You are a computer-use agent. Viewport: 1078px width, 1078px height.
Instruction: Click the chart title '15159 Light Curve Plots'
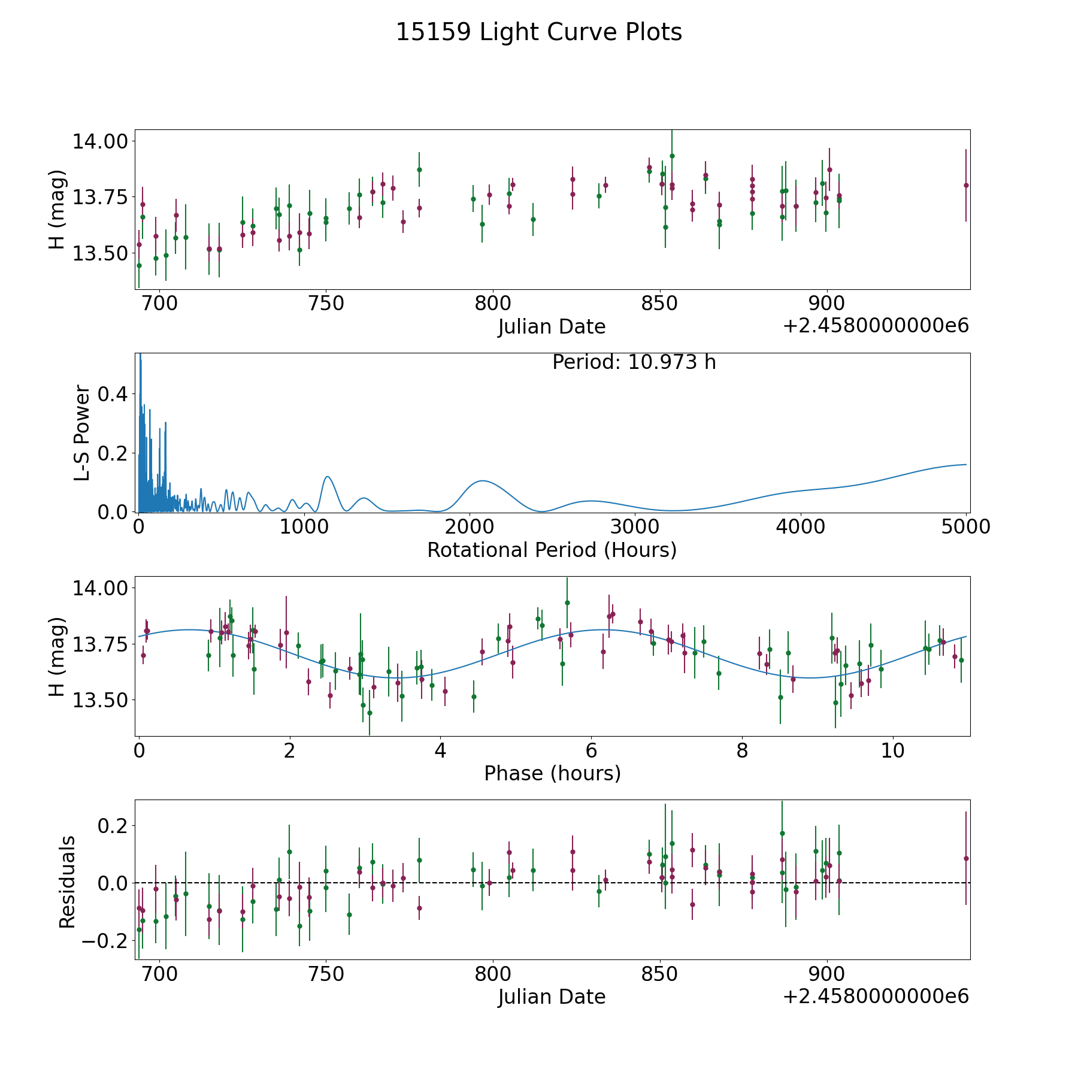click(539, 32)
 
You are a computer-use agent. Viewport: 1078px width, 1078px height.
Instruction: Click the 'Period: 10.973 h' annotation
click(634, 362)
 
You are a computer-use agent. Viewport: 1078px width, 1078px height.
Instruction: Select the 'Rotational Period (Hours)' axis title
click(552, 550)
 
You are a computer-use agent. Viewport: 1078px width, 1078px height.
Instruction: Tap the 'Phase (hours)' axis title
click(552, 773)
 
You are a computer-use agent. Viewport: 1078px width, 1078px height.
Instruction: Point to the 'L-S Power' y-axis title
click(82, 432)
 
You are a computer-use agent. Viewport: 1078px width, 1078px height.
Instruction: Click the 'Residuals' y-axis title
click(67, 882)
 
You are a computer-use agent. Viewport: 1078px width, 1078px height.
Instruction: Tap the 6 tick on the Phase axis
click(591, 750)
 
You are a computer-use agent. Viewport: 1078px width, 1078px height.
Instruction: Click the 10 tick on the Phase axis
click(893, 750)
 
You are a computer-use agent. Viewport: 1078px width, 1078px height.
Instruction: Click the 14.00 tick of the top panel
click(100, 141)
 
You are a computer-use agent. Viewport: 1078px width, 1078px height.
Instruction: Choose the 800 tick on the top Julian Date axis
click(492, 304)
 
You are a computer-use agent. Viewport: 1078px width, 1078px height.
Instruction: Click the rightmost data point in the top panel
click(966, 185)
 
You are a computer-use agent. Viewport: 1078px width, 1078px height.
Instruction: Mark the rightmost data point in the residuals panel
click(966, 858)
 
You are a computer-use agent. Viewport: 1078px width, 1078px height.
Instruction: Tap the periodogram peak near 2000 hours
click(482, 481)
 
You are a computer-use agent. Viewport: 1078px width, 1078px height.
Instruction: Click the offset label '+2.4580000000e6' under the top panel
click(876, 326)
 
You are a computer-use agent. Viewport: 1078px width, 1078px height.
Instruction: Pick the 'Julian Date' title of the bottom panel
click(552, 997)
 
